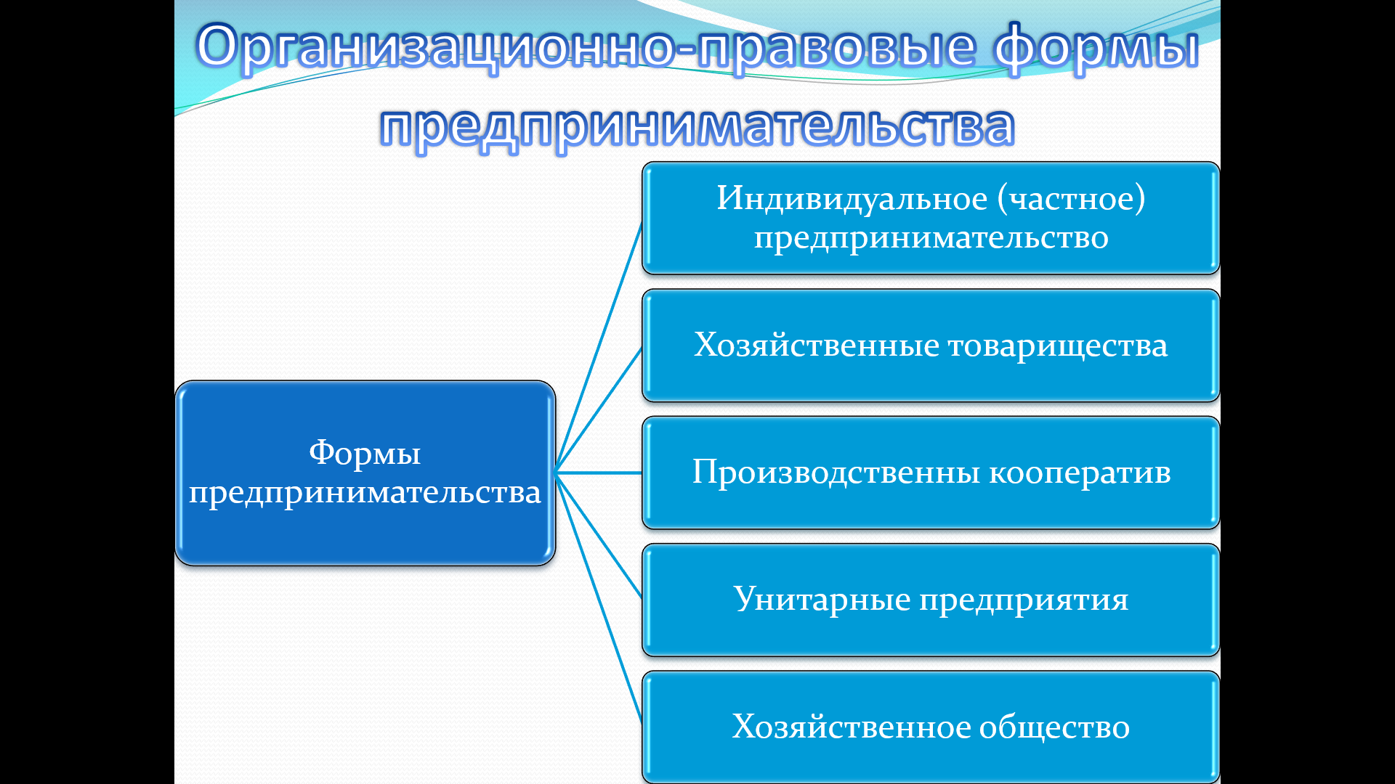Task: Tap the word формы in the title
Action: [x=1097, y=47]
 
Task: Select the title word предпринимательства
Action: [x=697, y=127]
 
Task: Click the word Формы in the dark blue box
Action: [x=365, y=454]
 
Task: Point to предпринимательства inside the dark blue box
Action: [x=365, y=493]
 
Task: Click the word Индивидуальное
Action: [x=852, y=198]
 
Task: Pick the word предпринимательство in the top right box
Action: [x=931, y=238]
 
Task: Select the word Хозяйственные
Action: [x=817, y=345]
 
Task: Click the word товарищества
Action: [x=1058, y=346]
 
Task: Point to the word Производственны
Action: [x=836, y=473]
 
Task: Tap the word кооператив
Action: [x=1080, y=473]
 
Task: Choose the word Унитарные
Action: [x=822, y=600]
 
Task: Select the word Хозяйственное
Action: [x=851, y=727]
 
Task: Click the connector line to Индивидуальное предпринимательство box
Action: [x=599, y=347]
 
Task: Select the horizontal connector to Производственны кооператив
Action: [x=599, y=473]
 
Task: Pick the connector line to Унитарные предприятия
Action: [x=599, y=536]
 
